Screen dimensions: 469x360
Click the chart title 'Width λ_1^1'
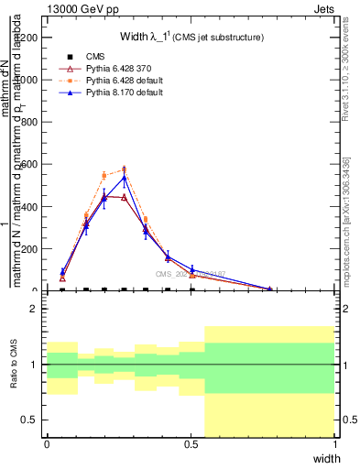pyautogui.click(x=192, y=38)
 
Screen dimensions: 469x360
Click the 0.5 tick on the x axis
pyautogui.click(x=191, y=444)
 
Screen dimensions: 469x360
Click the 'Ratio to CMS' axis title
pyautogui.click(x=14, y=365)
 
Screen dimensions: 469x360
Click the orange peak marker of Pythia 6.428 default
pyautogui.click(x=124, y=169)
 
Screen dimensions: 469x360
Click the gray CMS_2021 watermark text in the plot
pyautogui.click(x=191, y=274)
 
